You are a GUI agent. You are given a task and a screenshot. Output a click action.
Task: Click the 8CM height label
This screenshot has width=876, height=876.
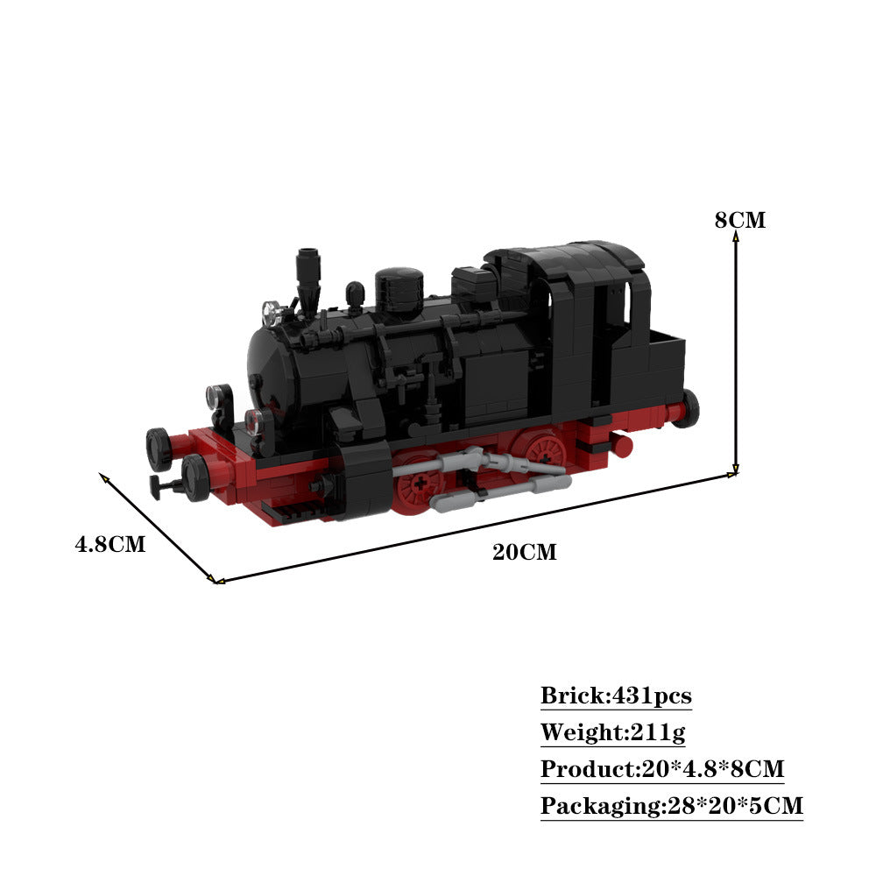739,220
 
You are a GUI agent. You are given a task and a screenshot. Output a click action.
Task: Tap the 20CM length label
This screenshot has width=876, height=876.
524,552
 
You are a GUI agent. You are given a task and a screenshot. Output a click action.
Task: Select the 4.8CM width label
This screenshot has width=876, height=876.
110,544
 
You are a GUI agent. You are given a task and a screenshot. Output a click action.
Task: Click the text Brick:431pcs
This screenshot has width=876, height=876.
616,696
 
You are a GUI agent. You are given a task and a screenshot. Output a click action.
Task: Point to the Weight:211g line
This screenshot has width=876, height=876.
612,732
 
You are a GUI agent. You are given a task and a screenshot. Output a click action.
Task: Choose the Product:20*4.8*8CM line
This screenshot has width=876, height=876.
662,769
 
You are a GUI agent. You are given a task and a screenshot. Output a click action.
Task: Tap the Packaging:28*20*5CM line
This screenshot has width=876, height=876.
672,806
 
